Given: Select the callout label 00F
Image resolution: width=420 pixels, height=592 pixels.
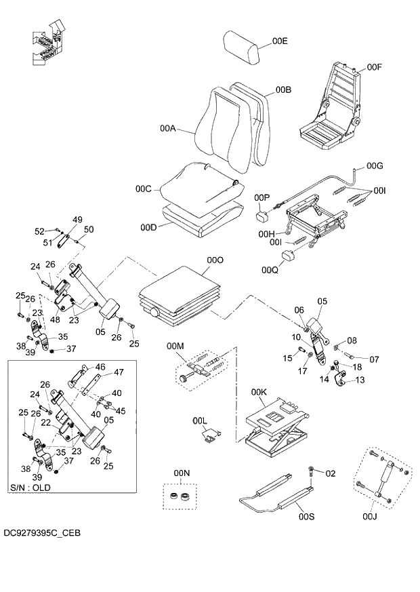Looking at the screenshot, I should coord(375,67).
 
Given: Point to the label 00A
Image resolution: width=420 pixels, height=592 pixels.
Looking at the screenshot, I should coord(168,128).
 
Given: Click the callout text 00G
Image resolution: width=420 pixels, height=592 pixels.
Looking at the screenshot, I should coord(375,165).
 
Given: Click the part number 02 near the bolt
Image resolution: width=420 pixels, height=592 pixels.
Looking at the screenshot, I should coord(331,473).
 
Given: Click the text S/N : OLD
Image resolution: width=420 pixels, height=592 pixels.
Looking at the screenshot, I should coord(30,488).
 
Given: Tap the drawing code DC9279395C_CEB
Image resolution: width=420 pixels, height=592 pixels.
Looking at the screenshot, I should coord(41,533).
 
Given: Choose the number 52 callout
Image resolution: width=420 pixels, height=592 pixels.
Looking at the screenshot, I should coord(39,231).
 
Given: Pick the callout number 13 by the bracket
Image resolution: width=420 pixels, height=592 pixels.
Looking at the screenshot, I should coord(359,380).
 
